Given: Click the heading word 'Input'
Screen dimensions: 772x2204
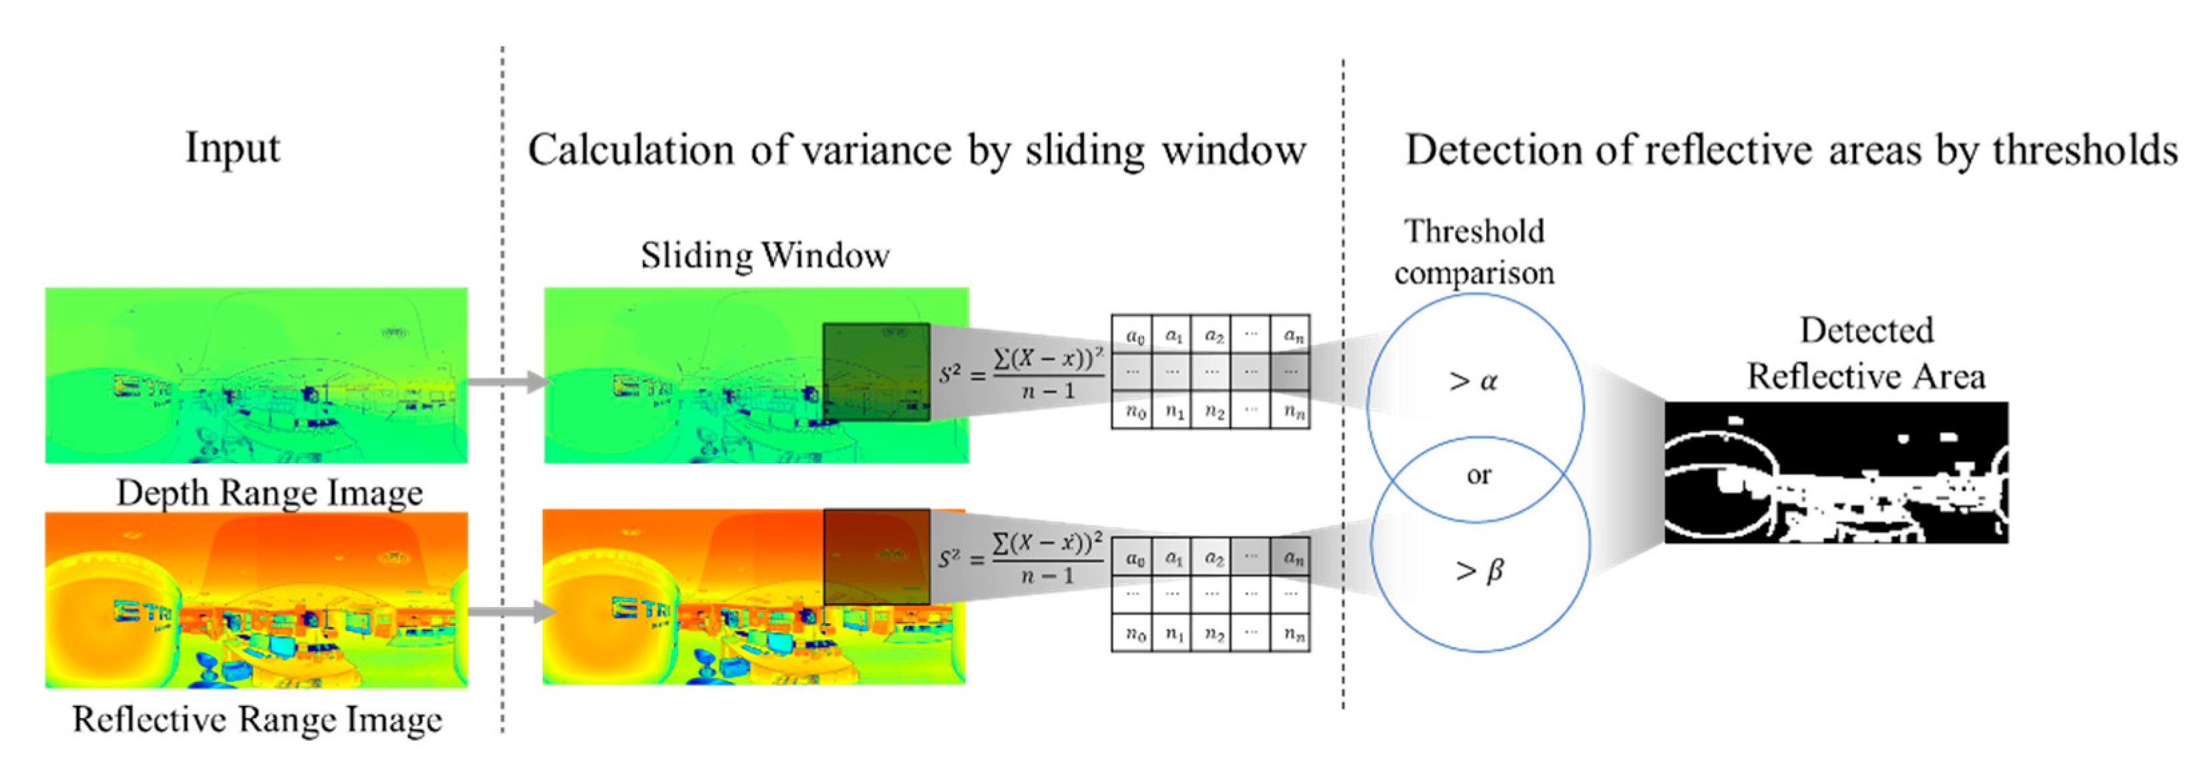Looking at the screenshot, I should [x=232, y=148].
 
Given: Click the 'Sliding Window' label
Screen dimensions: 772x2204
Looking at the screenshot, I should [x=765, y=256].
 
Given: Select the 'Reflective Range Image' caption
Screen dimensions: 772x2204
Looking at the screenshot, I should [x=256, y=719].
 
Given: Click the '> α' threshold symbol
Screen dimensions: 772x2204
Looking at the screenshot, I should [x=1473, y=381].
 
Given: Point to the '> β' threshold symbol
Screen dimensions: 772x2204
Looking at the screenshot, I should [x=1479, y=570].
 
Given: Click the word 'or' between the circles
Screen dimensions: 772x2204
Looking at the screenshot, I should [x=1479, y=475].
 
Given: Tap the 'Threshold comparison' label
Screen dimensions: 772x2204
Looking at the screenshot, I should [x=1474, y=252].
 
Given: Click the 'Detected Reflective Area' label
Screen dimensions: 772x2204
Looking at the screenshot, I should [x=1865, y=353].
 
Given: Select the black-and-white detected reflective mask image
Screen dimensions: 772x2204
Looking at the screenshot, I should [x=1836, y=472].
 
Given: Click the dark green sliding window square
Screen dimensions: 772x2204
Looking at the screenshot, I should [x=876, y=372].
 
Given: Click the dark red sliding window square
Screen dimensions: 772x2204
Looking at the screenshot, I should [x=876, y=556].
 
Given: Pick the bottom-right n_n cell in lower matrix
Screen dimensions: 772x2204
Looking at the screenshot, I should [x=1292, y=635].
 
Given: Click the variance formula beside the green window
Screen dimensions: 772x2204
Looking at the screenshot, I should [x=1021, y=373].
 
